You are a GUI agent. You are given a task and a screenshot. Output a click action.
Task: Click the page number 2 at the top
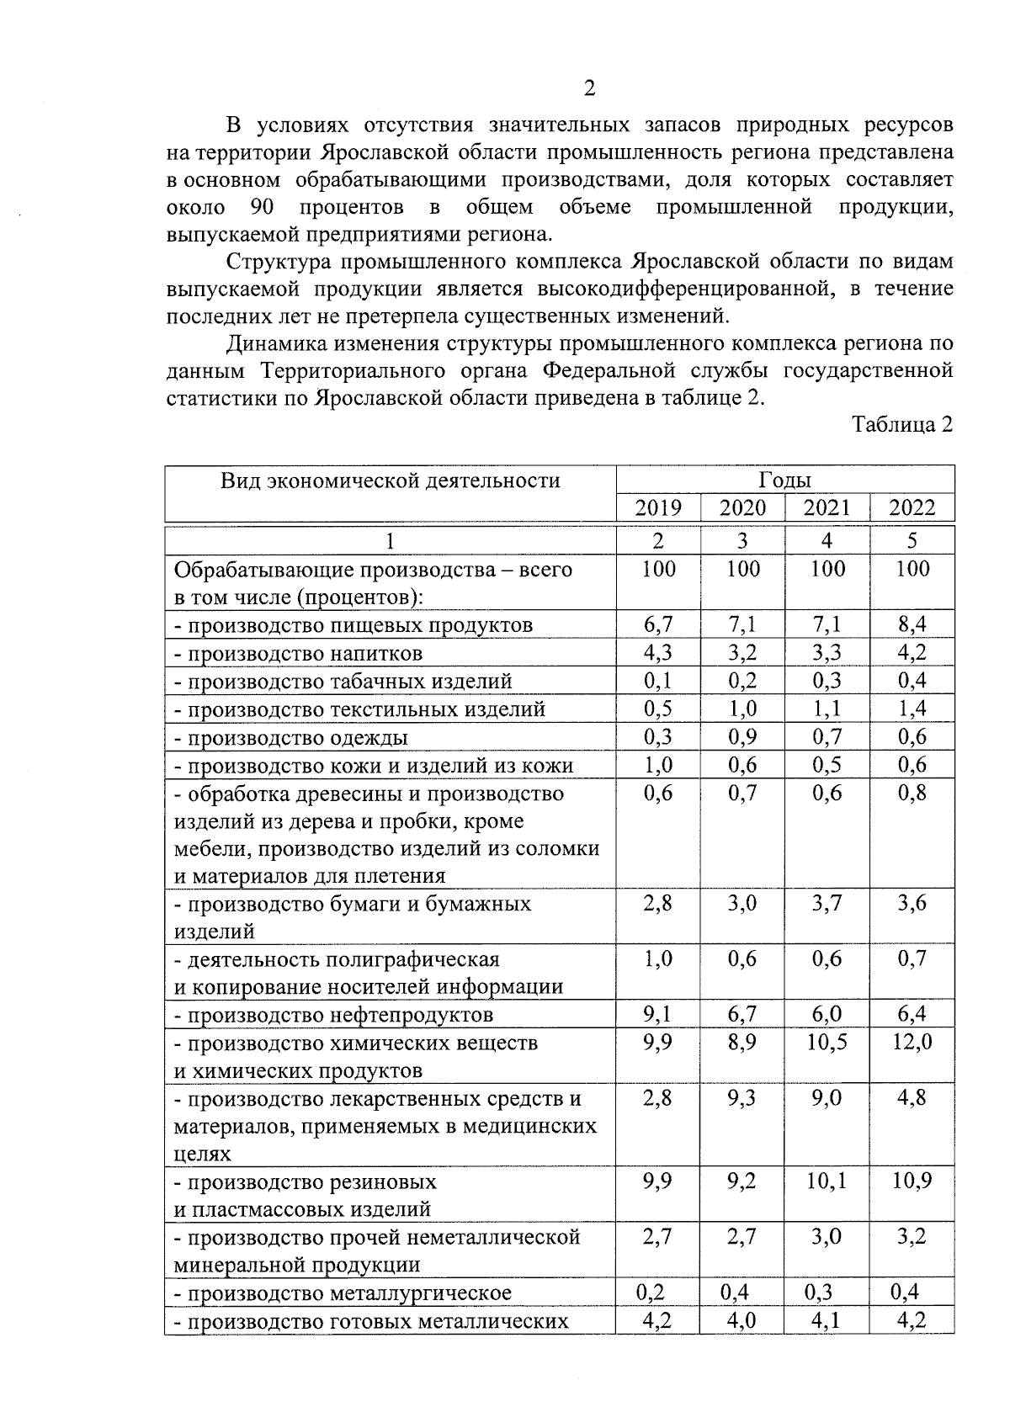coord(589,89)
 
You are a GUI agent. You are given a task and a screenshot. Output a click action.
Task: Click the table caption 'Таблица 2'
coord(902,425)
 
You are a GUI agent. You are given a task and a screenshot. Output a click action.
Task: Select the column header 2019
coord(657,507)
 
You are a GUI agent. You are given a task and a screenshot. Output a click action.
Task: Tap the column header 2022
coord(912,507)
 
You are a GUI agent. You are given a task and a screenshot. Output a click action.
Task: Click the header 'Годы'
coord(784,480)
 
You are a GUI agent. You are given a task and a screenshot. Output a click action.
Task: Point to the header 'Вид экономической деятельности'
coord(391,480)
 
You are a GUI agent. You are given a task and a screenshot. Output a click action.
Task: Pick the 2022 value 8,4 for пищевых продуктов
coord(912,625)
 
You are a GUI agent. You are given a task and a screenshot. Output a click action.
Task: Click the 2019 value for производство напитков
coord(657,653)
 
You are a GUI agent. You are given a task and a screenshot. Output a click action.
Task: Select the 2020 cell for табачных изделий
coord(742,681)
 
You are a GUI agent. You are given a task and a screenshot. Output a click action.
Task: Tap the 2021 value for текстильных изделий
coord(827,709)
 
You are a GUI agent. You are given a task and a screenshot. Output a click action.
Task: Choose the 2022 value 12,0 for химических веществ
coord(912,1043)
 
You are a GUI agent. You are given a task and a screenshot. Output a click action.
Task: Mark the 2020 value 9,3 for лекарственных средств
coord(742,1098)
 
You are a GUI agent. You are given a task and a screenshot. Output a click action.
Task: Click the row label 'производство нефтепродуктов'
coord(334,1016)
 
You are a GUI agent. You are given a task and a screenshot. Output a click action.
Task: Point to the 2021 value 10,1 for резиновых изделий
coord(827,1181)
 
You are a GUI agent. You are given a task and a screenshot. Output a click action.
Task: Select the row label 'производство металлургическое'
coord(343,1293)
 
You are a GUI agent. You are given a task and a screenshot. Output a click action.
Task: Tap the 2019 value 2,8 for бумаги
coord(657,904)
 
